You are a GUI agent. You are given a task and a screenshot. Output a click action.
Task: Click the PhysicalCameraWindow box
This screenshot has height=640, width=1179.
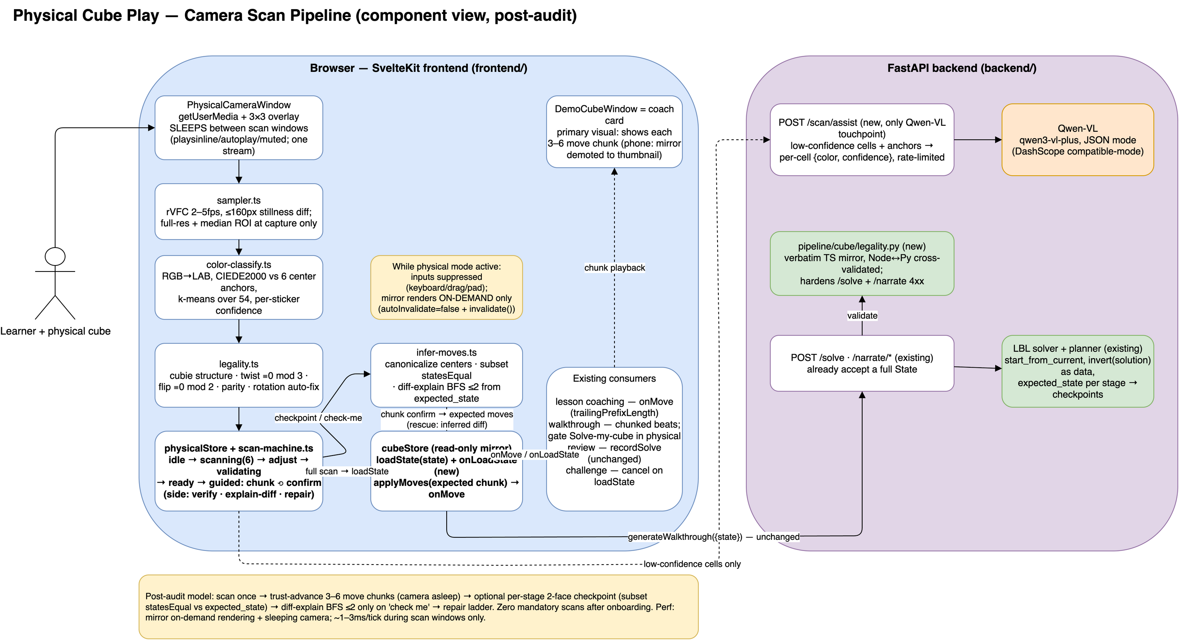point(239,128)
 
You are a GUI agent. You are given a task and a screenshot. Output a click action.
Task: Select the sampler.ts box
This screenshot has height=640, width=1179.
point(239,211)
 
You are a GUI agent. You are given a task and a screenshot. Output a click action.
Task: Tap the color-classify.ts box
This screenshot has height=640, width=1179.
point(239,287)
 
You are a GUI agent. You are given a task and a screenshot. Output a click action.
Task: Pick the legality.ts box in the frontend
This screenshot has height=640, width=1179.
point(239,375)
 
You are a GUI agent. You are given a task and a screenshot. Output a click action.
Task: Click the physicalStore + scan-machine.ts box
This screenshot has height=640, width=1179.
point(239,471)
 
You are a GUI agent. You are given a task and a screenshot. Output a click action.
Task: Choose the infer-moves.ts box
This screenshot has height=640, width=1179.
point(446,375)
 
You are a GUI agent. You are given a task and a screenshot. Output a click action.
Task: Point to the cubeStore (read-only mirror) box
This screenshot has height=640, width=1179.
point(446,471)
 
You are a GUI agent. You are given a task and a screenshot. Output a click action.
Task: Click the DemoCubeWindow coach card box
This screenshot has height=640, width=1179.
point(614,132)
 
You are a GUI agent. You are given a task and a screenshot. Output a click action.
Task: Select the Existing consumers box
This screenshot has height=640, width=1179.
point(614,439)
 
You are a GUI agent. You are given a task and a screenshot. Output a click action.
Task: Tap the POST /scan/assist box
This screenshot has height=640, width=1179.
point(862,139)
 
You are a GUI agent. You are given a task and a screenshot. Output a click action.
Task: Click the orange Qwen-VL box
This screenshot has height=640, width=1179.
point(1078,139)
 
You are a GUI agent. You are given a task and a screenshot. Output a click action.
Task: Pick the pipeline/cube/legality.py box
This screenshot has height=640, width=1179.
point(862,264)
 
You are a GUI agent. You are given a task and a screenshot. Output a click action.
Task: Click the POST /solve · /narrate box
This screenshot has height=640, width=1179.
point(862,363)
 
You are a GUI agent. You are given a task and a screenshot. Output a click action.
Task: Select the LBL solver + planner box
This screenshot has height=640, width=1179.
point(1078,371)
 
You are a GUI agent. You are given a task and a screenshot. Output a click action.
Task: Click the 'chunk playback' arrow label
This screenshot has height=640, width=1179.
point(614,267)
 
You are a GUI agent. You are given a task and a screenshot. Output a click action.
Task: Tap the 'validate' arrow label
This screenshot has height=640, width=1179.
point(862,316)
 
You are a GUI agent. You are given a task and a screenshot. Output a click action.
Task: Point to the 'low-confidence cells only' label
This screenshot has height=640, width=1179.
point(692,564)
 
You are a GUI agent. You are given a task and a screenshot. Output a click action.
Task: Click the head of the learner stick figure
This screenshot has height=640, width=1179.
point(55,256)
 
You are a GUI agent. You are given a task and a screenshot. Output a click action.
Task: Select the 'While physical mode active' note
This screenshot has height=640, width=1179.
point(446,287)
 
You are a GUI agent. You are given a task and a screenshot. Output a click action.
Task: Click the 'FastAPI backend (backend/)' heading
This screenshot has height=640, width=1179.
point(962,68)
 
